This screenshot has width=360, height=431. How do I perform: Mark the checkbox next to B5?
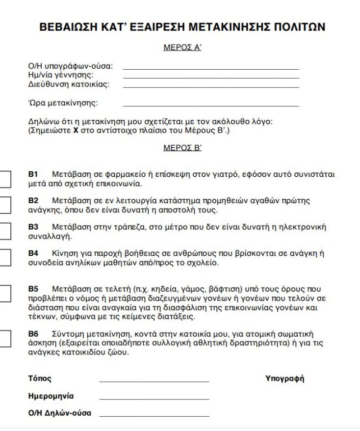[x=4, y=294]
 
